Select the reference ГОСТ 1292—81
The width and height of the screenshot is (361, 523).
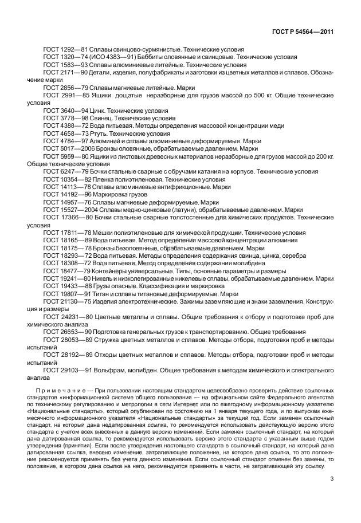[62, 50]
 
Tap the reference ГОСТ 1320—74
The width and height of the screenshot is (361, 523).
[62, 57]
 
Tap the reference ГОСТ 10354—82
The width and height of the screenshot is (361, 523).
[64, 178]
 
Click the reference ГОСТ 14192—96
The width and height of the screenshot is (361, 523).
[64, 194]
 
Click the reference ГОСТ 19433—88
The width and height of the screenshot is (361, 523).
[64, 286]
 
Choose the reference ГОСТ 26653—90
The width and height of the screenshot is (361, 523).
[64, 332]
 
